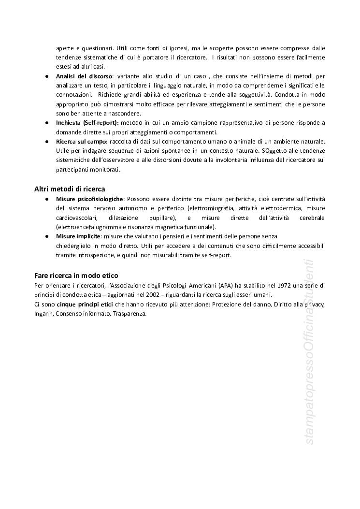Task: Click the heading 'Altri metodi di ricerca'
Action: [70, 189]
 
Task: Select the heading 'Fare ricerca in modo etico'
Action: [76, 275]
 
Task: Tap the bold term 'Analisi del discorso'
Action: [84, 76]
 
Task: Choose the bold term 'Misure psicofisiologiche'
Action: [90, 199]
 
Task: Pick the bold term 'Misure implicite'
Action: [78, 236]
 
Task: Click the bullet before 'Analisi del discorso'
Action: [46, 76]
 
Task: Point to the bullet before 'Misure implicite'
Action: [46, 236]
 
